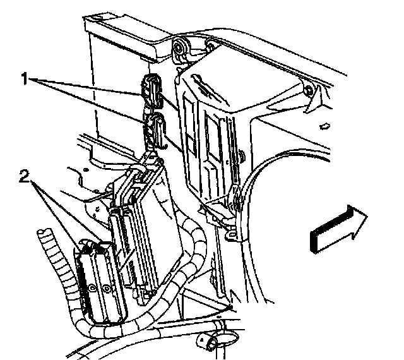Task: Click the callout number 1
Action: (x=25, y=79)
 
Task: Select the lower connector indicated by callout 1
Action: (x=155, y=130)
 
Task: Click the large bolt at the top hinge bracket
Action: (x=178, y=47)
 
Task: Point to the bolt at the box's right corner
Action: (x=307, y=90)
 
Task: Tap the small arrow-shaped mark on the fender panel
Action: (x=324, y=126)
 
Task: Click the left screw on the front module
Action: (x=92, y=288)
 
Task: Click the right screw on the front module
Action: (x=106, y=288)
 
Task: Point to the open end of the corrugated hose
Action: (x=44, y=232)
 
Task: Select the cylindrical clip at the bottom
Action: (x=208, y=342)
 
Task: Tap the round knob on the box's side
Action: (x=242, y=157)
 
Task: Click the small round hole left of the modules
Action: (x=86, y=170)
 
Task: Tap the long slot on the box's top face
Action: (x=209, y=90)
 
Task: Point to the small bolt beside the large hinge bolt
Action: (x=211, y=46)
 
